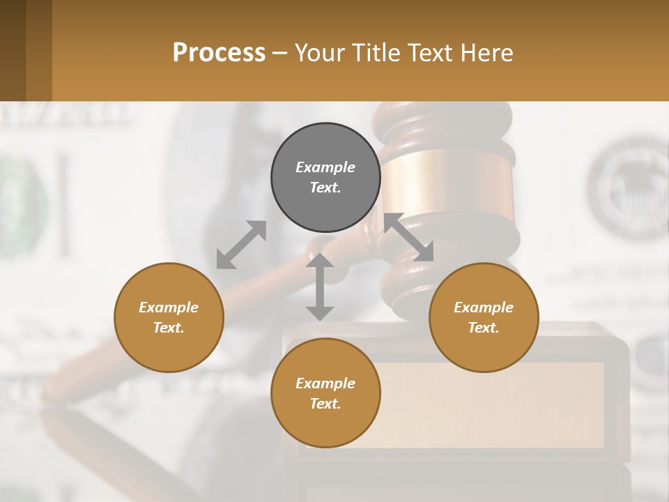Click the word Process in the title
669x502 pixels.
coord(219,53)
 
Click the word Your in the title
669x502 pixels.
coord(320,53)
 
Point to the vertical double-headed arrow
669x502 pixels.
coord(320,287)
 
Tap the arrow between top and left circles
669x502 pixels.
coord(241,244)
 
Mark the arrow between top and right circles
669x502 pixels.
coord(409,237)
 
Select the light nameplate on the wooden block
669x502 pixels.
coord(488,404)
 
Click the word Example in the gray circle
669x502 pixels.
coord(325,167)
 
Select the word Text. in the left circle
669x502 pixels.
coord(169,328)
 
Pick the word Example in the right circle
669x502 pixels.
coord(484,307)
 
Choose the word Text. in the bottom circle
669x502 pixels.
coord(325,404)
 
